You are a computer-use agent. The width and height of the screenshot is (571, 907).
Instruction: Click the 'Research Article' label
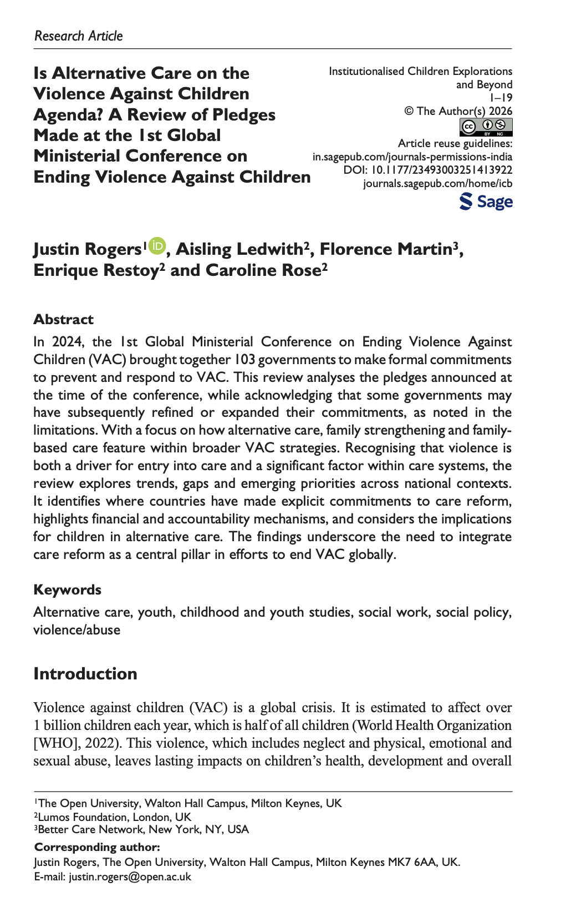(78, 36)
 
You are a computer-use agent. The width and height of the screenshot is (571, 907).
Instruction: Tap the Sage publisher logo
(486, 201)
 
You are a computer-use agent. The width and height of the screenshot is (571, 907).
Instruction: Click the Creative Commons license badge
(486, 127)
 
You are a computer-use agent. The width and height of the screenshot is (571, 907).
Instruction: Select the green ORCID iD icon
(157, 245)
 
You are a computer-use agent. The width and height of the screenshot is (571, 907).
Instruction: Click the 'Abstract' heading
(63, 319)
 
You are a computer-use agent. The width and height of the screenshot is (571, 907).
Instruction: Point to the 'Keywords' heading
(67, 589)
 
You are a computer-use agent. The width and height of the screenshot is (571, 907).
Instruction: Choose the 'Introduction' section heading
(85, 673)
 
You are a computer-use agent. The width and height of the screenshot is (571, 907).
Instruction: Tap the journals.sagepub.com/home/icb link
(437, 183)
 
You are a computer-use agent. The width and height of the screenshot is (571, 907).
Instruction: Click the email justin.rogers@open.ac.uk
(130, 876)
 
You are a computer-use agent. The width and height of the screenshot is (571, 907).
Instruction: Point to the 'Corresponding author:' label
(97, 847)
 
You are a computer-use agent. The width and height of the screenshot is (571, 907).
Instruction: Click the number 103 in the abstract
(244, 359)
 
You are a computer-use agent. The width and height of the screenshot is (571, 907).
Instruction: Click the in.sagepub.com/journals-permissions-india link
(412, 157)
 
